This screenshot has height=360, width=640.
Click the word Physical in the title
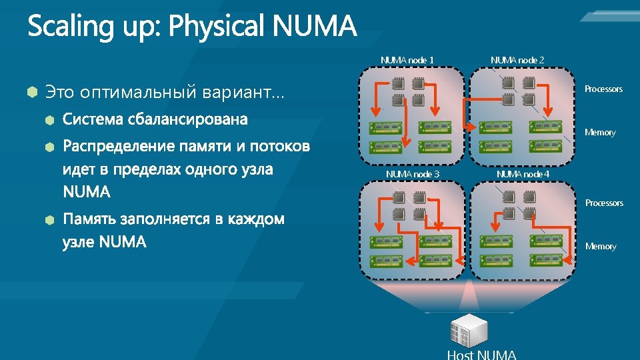pos(219,28)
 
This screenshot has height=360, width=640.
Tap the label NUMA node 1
pos(407,60)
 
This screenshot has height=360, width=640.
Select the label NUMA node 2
pos(517,60)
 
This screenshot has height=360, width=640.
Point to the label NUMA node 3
pos(413,174)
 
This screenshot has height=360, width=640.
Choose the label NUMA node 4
pos(523,174)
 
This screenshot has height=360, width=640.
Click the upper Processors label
pos(603,89)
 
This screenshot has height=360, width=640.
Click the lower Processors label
pos(604,203)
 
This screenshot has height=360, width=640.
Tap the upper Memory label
pos(600,132)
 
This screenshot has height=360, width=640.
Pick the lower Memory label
pos(601,246)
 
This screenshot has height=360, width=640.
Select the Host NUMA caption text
pos(481,354)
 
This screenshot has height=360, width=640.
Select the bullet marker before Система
pos(49,121)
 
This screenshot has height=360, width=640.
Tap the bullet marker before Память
pos(49,219)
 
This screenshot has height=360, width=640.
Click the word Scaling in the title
pos(65,28)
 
